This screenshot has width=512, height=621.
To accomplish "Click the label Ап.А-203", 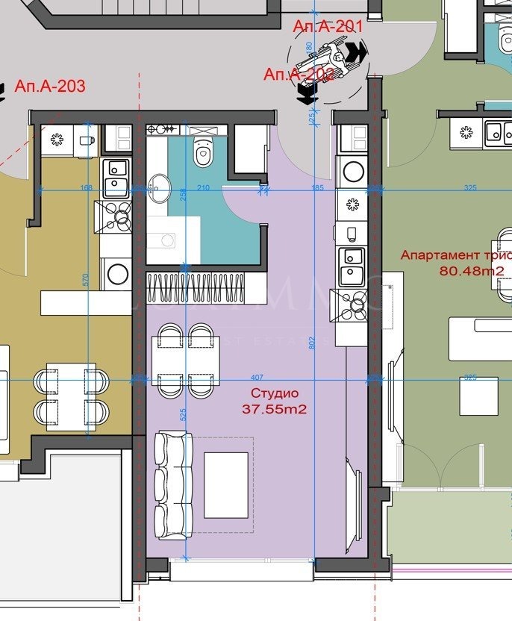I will tap(50, 87).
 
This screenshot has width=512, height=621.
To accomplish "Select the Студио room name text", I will tap(275, 393).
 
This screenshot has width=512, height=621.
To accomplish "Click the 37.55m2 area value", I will tap(275, 409).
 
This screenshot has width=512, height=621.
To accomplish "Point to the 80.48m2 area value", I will tap(472, 271).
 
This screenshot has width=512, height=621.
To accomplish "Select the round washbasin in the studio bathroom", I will tap(159, 187).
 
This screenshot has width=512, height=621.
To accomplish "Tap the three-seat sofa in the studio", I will tap(173, 484).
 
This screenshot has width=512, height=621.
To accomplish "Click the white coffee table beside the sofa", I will tap(226, 485).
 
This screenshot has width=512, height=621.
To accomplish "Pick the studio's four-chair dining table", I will tap(186, 360).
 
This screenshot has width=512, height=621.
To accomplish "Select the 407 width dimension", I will tap(257, 378).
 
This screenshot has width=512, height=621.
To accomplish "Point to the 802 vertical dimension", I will tap(312, 343).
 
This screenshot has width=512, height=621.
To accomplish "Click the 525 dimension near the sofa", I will tap(183, 414).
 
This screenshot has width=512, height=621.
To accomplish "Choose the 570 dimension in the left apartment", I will tap(87, 280).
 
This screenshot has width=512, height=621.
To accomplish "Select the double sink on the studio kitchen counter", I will tap(351, 266).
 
